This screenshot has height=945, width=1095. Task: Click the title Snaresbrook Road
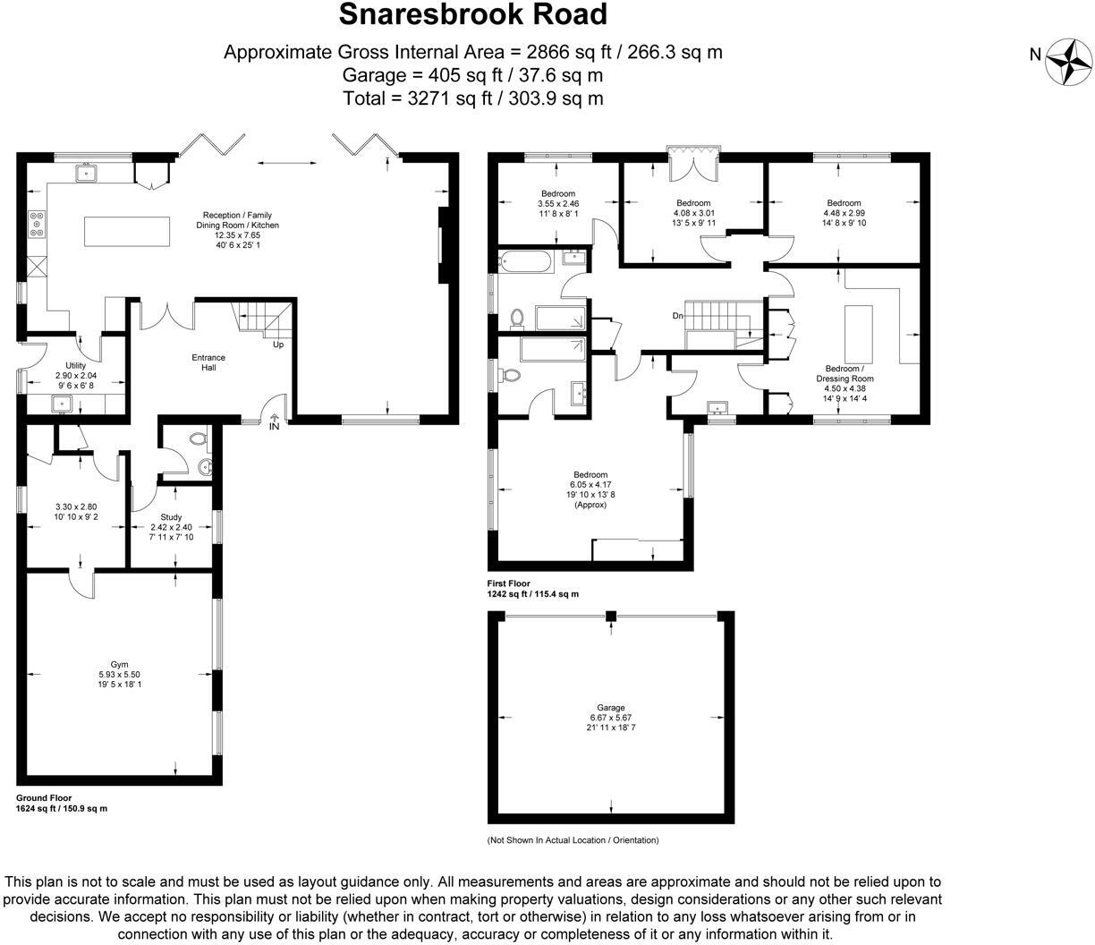click(472, 15)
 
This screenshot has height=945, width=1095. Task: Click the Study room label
click(171, 517)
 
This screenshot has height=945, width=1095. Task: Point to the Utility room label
click(76, 365)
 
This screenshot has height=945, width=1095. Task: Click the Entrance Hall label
click(208, 362)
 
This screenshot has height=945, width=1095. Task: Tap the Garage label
click(612, 707)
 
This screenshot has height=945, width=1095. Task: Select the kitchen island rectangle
click(127, 231)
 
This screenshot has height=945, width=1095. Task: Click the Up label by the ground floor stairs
click(278, 345)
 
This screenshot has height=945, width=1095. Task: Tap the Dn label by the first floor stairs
click(678, 316)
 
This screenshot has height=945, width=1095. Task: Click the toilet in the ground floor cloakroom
click(197, 438)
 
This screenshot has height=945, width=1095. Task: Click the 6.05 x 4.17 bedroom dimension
click(590, 485)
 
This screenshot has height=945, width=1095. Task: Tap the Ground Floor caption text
click(44, 797)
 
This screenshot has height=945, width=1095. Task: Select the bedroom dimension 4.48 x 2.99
click(844, 213)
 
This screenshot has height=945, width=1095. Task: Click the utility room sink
click(62, 404)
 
